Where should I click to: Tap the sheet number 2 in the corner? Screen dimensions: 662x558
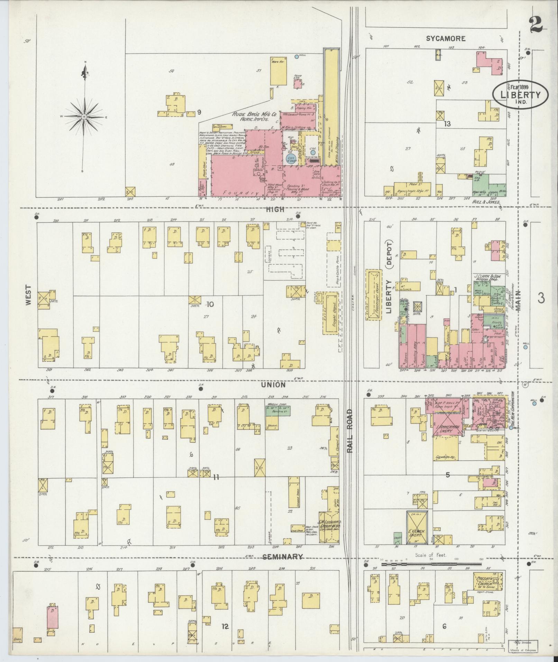(x=536, y=25)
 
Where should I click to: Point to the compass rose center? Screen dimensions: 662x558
(x=84, y=117)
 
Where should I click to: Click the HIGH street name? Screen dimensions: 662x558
(x=275, y=209)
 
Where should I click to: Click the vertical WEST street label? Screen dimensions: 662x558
(x=28, y=295)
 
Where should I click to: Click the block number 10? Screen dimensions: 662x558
(x=210, y=304)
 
